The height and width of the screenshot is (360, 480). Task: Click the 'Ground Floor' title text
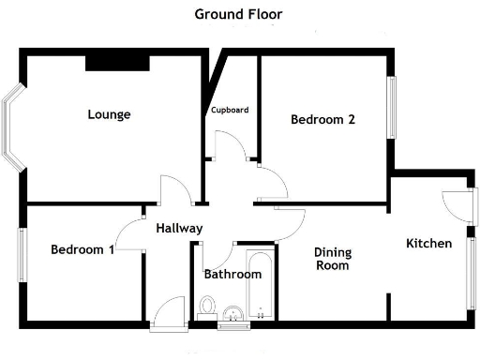click(238, 14)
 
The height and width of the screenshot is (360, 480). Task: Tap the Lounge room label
click(109, 115)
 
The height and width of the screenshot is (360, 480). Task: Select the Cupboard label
click(229, 110)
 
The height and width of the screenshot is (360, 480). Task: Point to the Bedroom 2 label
click(322, 120)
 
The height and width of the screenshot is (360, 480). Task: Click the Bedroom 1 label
click(82, 250)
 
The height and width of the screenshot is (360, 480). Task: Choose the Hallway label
click(179, 229)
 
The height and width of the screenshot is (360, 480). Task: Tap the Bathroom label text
click(232, 275)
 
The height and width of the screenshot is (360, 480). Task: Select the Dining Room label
click(331, 259)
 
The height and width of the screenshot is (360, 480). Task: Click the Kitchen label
click(428, 244)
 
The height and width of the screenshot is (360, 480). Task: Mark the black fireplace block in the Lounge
click(117, 62)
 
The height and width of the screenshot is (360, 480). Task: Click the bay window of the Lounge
click(13, 130)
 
